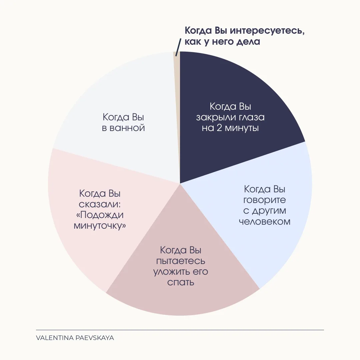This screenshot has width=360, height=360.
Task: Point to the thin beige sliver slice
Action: point(177,115)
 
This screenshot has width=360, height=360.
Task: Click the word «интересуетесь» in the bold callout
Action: point(267,31)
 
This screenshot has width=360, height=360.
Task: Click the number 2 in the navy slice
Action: point(219,128)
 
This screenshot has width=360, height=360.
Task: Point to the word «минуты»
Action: point(242,128)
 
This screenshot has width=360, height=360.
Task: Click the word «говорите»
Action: point(264,200)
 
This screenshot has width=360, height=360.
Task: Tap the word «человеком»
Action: point(264,222)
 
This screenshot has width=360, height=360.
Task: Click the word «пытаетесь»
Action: point(181,261)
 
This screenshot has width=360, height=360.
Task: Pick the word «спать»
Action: point(181,282)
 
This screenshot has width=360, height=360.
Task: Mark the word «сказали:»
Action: point(100,204)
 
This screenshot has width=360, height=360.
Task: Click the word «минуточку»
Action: point(100,226)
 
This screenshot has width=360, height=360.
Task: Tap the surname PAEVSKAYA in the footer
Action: point(95,338)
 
